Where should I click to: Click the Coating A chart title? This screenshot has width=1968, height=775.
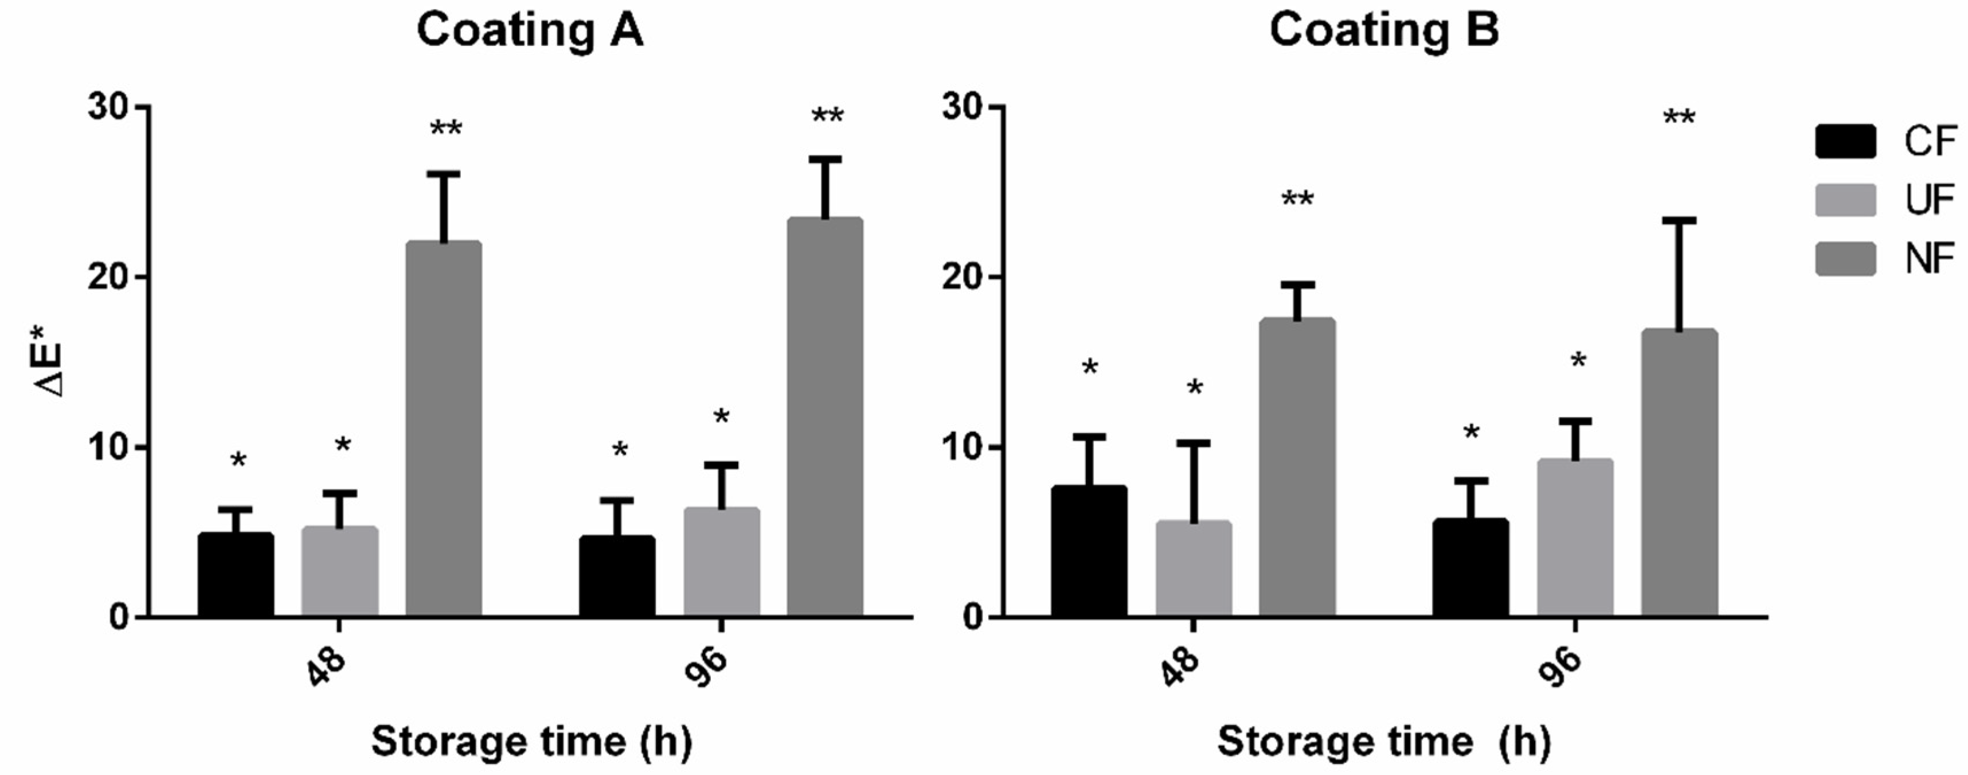tap(530, 30)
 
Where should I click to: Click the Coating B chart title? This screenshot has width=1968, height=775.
tap(1383, 30)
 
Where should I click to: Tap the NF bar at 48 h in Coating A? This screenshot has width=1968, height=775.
tap(443, 428)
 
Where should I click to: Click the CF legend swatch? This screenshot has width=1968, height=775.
tap(1845, 141)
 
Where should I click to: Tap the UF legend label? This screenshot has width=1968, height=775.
tap(1929, 200)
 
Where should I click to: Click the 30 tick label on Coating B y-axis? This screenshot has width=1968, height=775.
tap(962, 108)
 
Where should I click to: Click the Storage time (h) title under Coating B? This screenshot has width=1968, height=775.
tap(1383, 741)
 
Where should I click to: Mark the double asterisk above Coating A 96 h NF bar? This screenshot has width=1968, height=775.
tap(827, 117)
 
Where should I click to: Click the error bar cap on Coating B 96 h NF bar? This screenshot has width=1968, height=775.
tap(1679, 221)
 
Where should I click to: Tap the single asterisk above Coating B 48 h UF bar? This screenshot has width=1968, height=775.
tap(1194, 388)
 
